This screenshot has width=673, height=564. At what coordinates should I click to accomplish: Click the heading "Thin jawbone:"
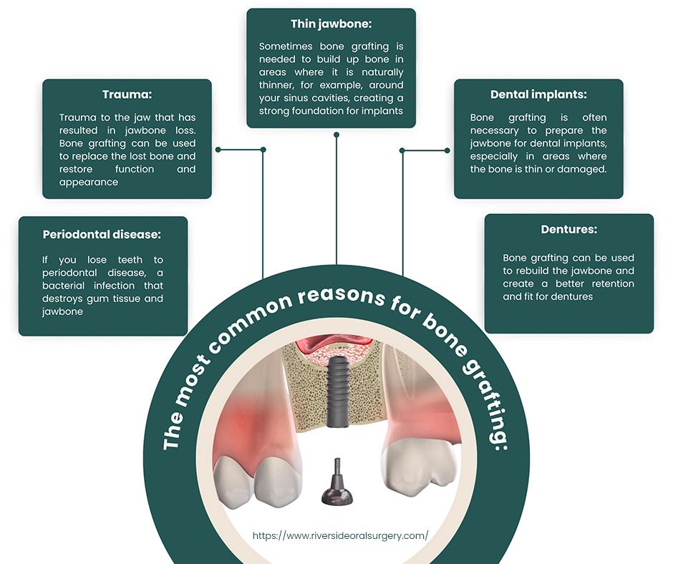[x=330, y=24]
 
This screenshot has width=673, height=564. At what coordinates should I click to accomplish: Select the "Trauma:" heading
[x=127, y=94]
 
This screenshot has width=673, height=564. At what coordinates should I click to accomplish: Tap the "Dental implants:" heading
[x=538, y=94]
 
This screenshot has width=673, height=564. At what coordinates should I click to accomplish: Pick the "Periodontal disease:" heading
[x=102, y=234]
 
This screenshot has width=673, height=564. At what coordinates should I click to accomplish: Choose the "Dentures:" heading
[x=568, y=230]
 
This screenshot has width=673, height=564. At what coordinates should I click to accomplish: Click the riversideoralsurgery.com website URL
[x=341, y=535]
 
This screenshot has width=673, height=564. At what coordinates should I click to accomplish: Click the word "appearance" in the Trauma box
[x=89, y=183]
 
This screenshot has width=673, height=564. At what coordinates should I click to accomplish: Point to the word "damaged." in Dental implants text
[x=581, y=170]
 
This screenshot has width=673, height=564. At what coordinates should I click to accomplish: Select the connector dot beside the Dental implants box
[x=447, y=150]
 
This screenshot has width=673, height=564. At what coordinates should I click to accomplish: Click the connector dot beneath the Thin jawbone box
[x=336, y=134]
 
